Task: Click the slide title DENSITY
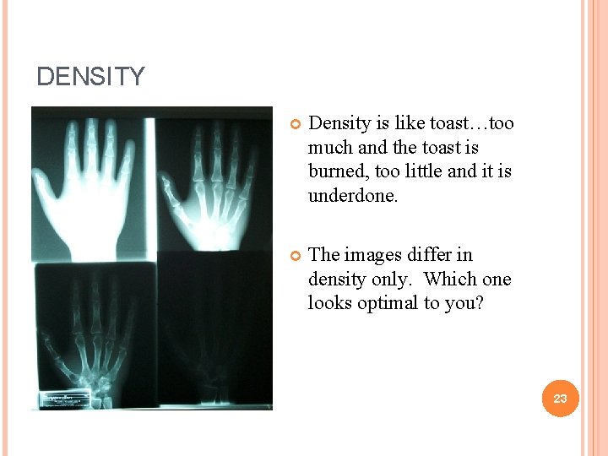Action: point(90,77)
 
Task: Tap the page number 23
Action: point(560,398)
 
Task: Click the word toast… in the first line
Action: point(457,123)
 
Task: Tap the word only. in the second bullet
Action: point(395,279)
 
